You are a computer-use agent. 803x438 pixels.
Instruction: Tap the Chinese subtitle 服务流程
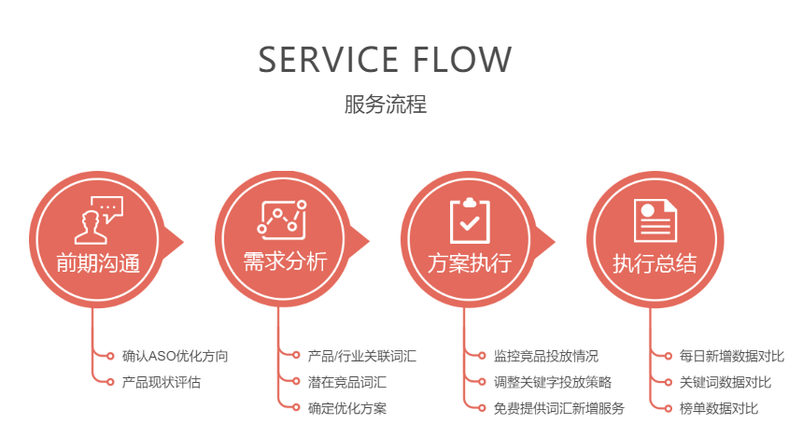click(x=385, y=104)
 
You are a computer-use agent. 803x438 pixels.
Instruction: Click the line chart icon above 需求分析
click(x=282, y=219)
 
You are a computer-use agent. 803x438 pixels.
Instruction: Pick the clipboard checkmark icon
click(x=469, y=219)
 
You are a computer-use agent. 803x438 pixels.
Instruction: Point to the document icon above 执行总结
click(x=655, y=219)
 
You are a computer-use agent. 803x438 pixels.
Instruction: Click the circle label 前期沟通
click(x=97, y=263)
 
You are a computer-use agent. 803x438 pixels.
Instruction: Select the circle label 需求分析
click(x=284, y=261)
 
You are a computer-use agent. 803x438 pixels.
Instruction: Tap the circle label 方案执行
click(x=470, y=263)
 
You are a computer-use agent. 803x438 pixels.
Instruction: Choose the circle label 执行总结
click(x=655, y=263)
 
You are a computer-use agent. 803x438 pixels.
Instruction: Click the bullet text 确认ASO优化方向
click(x=175, y=356)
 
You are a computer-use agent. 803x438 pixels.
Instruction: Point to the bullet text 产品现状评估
click(x=162, y=382)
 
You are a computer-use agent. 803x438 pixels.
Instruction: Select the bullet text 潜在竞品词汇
click(x=346, y=382)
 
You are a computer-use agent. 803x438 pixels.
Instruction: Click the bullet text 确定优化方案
click(x=346, y=408)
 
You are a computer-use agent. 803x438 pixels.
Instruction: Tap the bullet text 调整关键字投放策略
click(x=553, y=382)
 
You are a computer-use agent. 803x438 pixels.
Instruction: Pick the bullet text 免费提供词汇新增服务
click(x=558, y=408)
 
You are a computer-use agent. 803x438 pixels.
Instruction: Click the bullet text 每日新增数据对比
click(x=731, y=356)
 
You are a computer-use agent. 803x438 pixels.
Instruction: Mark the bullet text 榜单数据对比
click(x=718, y=408)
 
